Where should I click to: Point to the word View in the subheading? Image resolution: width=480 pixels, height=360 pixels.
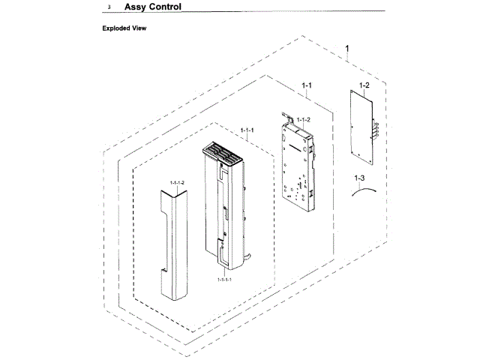click(x=141, y=28)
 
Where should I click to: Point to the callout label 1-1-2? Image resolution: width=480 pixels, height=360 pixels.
click(x=303, y=120)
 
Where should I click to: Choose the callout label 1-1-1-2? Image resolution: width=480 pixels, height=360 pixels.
click(x=177, y=182)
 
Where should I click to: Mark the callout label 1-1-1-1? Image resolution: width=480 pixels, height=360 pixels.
click(x=224, y=278)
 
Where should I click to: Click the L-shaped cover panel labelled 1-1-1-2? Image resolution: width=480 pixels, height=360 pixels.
click(x=171, y=240)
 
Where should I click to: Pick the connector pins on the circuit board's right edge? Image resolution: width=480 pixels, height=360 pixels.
click(x=373, y=128)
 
